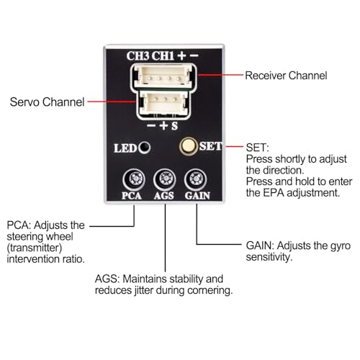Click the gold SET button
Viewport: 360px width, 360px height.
coord(188,146)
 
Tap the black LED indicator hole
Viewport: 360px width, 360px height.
coord(145,147)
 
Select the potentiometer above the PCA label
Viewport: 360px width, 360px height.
coord(134,179)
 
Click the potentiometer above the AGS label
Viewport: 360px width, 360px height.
coord(165,179)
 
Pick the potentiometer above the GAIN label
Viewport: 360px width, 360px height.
coord(196,179)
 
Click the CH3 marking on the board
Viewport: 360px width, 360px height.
coord(138,56)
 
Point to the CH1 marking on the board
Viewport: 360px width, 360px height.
coord(163,56)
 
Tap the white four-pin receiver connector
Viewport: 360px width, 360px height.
coord(163,76)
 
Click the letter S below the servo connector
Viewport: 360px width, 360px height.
coord(174,126)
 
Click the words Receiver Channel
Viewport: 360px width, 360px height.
coord(286,76)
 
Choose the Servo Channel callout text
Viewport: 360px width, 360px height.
coord(47,102)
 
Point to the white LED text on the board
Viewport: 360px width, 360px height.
coord(125,148)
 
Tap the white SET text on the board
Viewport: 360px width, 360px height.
coord(210,146)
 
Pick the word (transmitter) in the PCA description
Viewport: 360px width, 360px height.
coord(35,248)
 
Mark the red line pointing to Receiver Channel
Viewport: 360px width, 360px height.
coord(220,75)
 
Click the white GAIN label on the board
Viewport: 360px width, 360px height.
coord(197,196)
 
